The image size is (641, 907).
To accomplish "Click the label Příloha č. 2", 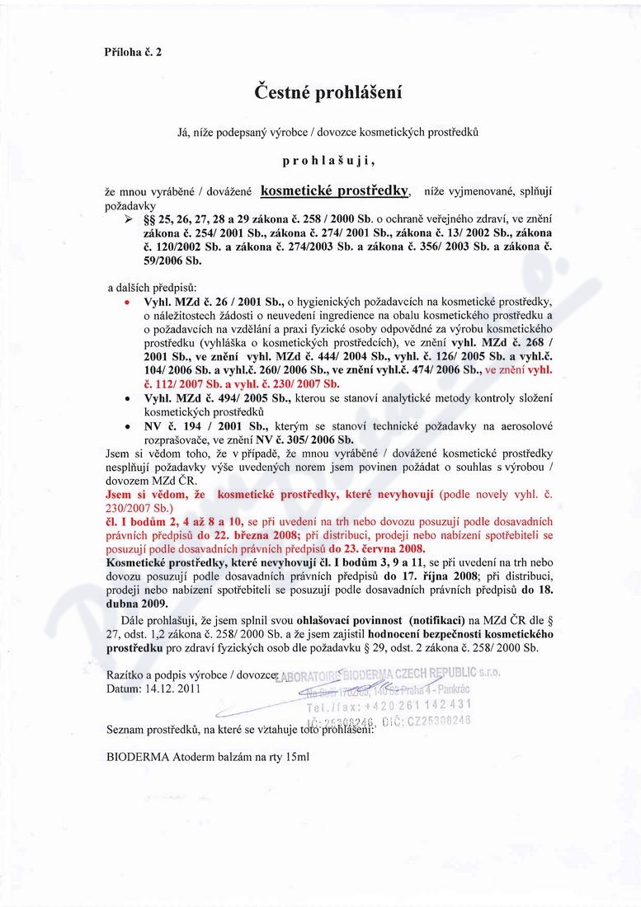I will [133, 51].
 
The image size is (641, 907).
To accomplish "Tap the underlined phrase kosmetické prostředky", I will [334, 190].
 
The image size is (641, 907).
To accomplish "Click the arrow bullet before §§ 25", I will [129, 223].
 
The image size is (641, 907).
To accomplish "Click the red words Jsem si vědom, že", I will [158, 495].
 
